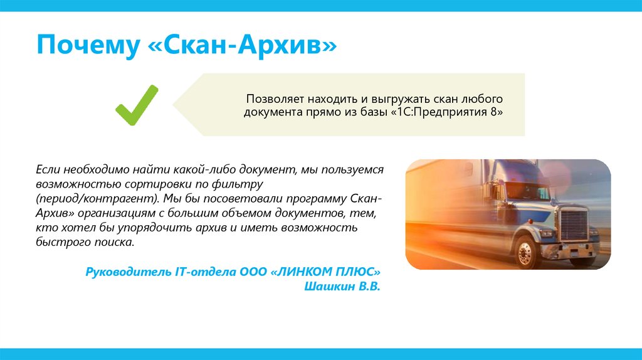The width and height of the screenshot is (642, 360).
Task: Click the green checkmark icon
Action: coord(137,105)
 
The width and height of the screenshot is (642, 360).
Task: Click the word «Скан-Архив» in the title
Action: coord(243,48)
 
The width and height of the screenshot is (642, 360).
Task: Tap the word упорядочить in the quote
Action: coord(162,227)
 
